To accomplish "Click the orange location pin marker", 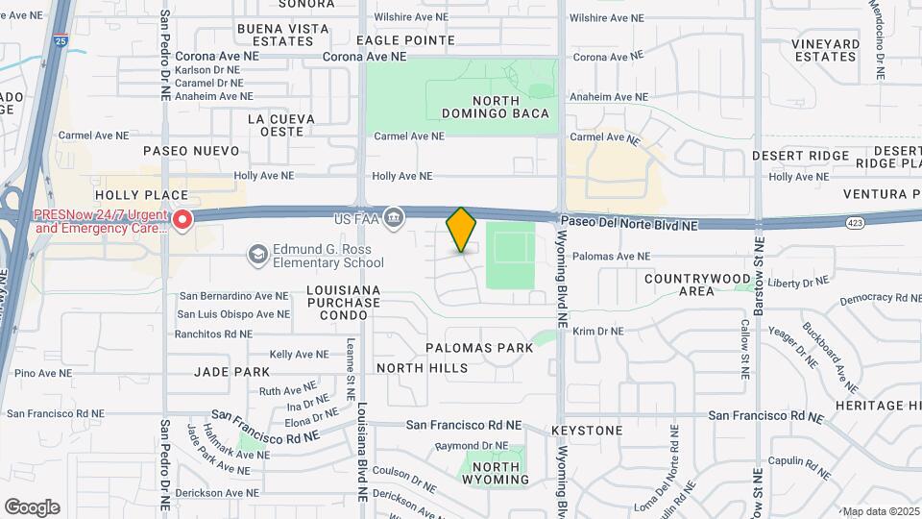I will coord(462,229).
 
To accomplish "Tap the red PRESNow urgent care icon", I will coord(182,220).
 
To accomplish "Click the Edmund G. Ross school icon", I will coord(257,255).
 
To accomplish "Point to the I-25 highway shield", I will coord(61,42).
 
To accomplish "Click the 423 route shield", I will coord(855,222).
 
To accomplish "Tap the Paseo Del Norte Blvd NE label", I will coord(629,224).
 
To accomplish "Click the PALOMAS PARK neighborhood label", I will coord(481,348).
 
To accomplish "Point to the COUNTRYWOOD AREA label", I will coord(697,284).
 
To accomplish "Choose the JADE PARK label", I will coord(231,371).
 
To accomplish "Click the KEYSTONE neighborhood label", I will coord(587,431).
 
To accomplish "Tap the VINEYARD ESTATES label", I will coord(825,50).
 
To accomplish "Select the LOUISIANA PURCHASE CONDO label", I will coord(344,302).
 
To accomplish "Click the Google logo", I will coord(32,507).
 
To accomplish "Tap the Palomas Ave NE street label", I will coord(611,257).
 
